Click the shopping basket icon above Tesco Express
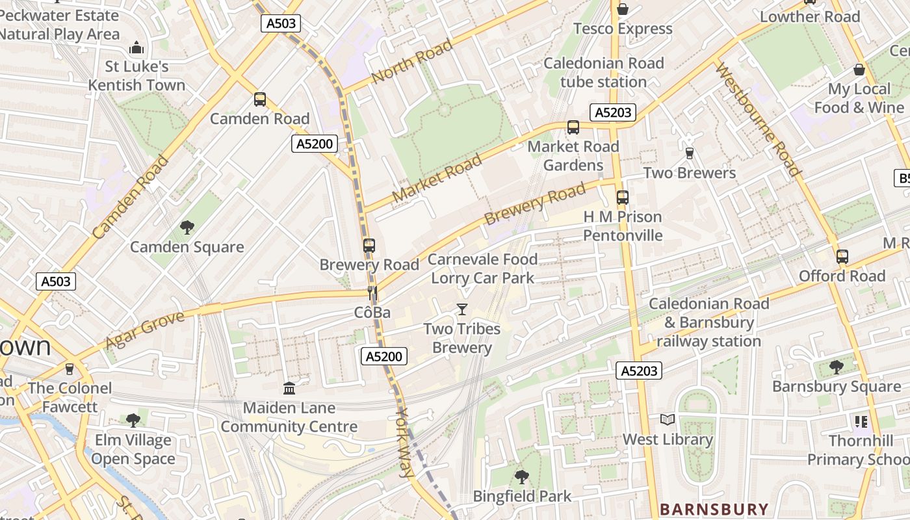click(x=622, y=9)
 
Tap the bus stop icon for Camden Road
click(x=260, y=99)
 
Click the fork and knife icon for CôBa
click(x=372, y=293)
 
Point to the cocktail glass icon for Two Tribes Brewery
click(x=462, y=309)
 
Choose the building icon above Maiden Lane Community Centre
click(x=289, y=389)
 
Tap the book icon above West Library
click(x=668, y=420)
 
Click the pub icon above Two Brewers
click(x=690, y=153)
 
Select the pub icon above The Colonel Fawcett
click(x=70, y=369)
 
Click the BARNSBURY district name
click(x=714, y=509)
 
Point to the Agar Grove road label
click(x=144, y=330)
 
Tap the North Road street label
click(x=411, y=62)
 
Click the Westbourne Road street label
click(x=758, y=120)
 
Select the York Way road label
click(x=404, y=443)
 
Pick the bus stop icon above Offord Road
click(x=842, y=257)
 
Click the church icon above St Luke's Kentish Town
click(x=136, y=47)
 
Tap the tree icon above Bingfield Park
click(x=521, y=477)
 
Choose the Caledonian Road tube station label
click(x=603, y=72)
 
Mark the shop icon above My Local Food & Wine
click(x=859, y=70)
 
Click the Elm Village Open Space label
click(x=133, y=449)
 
